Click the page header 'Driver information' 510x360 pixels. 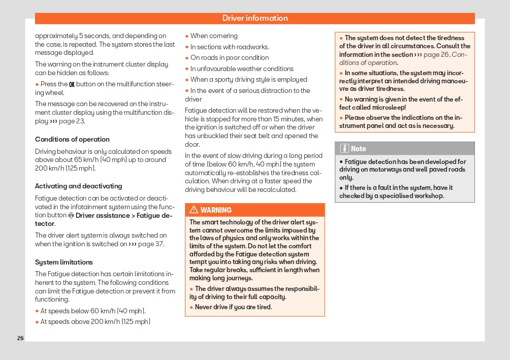tap(254, 18)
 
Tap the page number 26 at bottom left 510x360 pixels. tap(20, 338)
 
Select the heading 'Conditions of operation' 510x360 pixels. tap(72, 139)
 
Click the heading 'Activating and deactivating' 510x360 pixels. tap(78, 186)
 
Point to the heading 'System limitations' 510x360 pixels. tap(64, 262)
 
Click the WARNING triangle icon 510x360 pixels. tap(194, 210)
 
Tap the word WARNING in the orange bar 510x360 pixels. tap(216, 210)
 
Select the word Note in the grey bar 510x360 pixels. tap(359, 149)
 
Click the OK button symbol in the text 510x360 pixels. tap(72, 84)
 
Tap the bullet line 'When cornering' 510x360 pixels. tap(214, 36)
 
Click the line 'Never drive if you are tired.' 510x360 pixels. tap(234, 307)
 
